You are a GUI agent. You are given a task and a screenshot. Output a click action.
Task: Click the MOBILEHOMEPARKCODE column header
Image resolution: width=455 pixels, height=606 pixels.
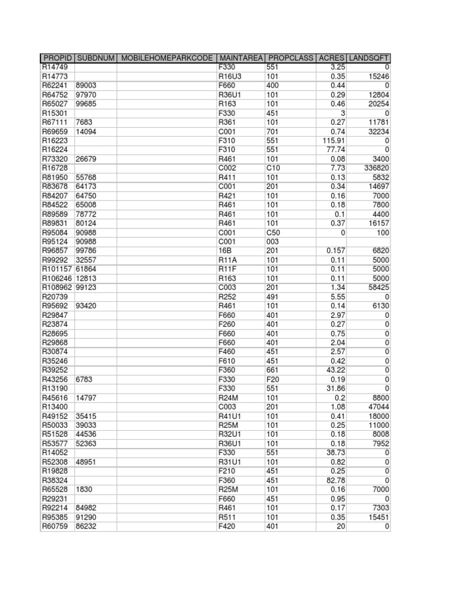(166, 58)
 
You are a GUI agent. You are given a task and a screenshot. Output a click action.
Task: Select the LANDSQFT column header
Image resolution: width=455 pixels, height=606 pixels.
(369, 58)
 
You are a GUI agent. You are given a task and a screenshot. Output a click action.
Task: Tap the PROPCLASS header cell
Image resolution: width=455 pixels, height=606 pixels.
(290, 58)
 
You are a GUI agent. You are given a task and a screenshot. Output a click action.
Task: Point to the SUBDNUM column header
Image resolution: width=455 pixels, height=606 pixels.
(95, 58)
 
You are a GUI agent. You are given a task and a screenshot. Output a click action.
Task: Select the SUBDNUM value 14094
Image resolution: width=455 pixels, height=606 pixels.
(86, 131)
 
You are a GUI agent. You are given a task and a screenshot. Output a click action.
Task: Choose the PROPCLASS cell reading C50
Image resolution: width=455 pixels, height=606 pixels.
(274, 232)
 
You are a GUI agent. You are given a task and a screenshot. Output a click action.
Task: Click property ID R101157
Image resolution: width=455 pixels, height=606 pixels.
(56, 269)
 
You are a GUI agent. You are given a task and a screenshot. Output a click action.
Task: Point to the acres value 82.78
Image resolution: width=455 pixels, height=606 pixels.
(335, 481)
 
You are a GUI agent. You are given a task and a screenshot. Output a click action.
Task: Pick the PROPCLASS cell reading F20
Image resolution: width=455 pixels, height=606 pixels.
(273, 379)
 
